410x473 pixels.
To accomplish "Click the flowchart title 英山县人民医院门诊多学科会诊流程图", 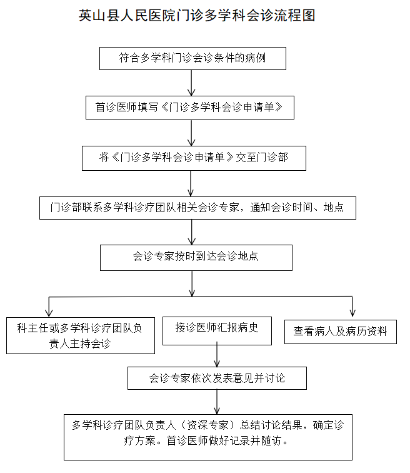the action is (x=197, y=16).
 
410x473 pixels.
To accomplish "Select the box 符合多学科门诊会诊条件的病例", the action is (x=192, y=59).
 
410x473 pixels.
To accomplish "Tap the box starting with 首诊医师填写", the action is (x=190, y=108).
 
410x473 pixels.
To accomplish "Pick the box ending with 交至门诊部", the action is (x=194, y=158).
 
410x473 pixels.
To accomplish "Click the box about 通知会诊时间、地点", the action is (x=197, y=208).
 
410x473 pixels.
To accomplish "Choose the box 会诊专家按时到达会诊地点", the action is (x=196, y=258).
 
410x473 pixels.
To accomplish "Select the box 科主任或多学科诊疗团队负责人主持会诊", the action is (x=81, y=335).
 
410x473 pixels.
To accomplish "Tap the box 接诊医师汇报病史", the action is (x=217, y=331).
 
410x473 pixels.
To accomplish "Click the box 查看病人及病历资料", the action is (x=341, y=332).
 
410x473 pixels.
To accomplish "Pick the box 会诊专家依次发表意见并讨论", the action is (x=217, y=379).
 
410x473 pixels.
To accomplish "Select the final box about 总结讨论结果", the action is (x=208, y=437).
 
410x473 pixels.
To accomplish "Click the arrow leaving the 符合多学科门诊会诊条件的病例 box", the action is (x=192, y=83).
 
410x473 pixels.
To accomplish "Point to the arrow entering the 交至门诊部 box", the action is (x=192, y=133).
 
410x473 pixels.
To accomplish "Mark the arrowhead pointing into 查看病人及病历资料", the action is (x=352, y=313).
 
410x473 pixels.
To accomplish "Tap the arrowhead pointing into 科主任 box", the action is (x=49, y=312).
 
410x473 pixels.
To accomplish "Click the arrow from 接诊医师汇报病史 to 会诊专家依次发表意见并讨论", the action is (x=217, y=355).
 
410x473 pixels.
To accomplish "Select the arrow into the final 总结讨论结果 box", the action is (x=217, y=402).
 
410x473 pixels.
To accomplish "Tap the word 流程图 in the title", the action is (x=295, y=16).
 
